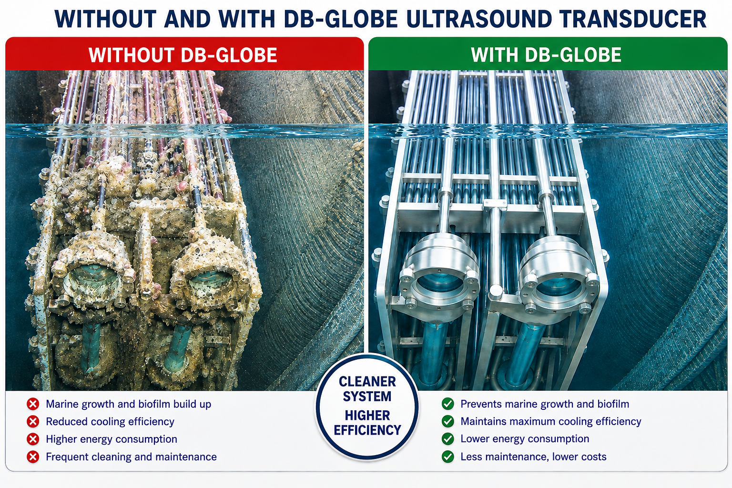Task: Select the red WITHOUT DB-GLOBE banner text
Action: pyautogui.click(x=183, y=55)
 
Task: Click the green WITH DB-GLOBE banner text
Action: pyautogui.click(x=546, y=55)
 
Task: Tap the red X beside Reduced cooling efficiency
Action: pyautogui.click(x=33, y=422)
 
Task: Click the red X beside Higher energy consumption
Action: pyautogui.click(x=33, y=439)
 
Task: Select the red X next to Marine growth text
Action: pyautogui.click(x=33, y=404)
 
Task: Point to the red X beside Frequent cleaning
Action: pyautogui.click(x=33, y=457)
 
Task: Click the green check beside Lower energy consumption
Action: pyautogui.click(x=447, y=439)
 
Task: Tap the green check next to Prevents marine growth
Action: pyautogui.click(x=447, y=404)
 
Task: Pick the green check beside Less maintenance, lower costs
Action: pyautogui.click(x=447, y=457)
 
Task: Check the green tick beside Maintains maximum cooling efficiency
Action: pyautogui.click(x=447, y=422)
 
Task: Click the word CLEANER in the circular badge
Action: pyautogui.click(x=367, y=381)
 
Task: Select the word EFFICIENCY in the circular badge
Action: pyautogui.click(x=367, y=430)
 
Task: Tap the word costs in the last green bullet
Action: pyautogui.click(x=592, y=457)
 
